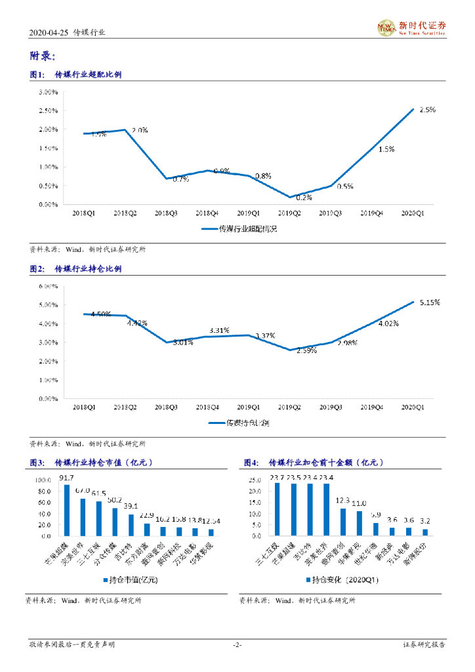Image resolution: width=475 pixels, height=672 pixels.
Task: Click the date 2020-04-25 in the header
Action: click(49, 31)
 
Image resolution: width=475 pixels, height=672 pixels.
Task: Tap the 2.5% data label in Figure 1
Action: click(427, 110)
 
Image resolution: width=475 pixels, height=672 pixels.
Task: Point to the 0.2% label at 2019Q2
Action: click(303, 197)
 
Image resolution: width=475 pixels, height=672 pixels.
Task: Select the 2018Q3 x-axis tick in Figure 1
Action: click(166, 213)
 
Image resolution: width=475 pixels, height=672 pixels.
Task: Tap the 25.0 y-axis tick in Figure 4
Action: click(256, 480)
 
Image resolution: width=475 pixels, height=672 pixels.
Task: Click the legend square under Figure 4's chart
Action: click(308, 580)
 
